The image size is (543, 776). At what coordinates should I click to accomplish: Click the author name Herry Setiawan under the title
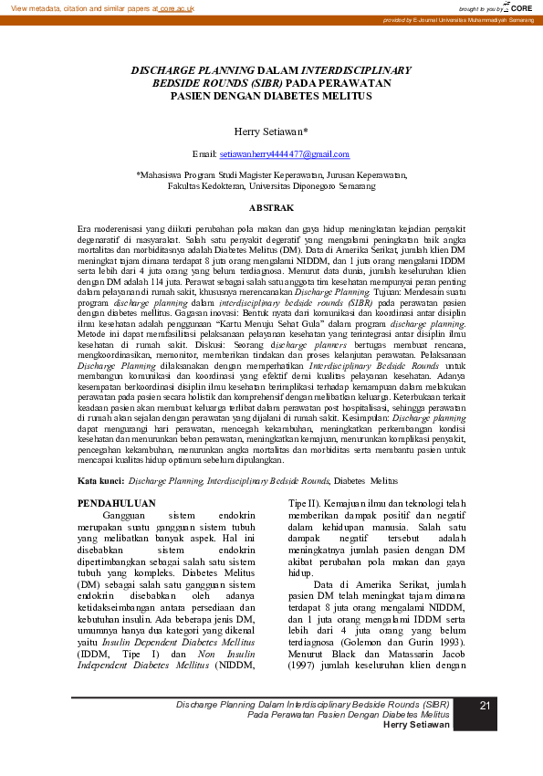pyautogui.click(x=271, y=131)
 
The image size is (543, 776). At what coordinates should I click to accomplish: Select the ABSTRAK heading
pyautogui.click(x=271, y=208)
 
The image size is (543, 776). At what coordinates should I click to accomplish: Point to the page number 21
pyautogui.click(x=486, y=706)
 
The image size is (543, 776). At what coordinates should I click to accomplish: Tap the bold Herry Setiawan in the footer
pyautogui.click(x=416, y=724)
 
